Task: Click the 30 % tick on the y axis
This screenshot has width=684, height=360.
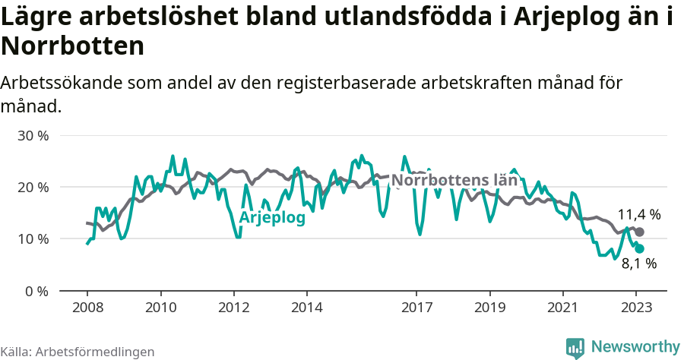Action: (x=33, y=135)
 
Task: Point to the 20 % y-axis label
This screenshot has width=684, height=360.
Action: (x=33, y=187)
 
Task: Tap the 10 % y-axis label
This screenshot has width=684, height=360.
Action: (x=33, y=238)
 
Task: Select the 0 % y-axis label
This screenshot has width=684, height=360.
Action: (x=36, y=290)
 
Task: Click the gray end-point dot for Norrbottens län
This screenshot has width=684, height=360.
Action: (x=639, y=232)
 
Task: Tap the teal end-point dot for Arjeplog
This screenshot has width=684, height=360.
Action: (x=639, y=248)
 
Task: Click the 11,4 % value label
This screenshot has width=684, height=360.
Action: (x=638, y=215)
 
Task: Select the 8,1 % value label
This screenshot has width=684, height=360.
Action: (x=638, y=264)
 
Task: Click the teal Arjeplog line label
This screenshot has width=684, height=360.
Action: (x=272, y=218)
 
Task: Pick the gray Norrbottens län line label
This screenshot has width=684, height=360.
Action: (x=454, y=181)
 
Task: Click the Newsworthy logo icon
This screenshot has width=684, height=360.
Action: (x=575, y=347)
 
